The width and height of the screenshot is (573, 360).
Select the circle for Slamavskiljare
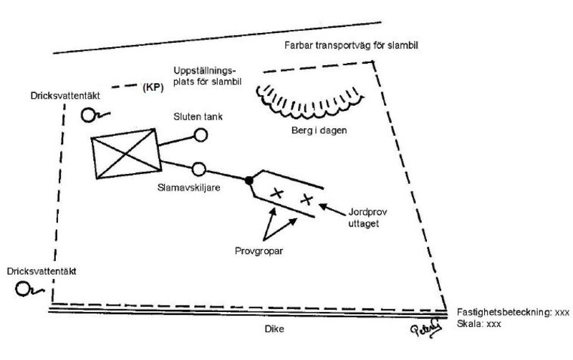199,169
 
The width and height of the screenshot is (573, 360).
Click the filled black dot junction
249,180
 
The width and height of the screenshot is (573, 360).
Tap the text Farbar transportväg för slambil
347,45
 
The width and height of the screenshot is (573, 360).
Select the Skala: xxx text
478,324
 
